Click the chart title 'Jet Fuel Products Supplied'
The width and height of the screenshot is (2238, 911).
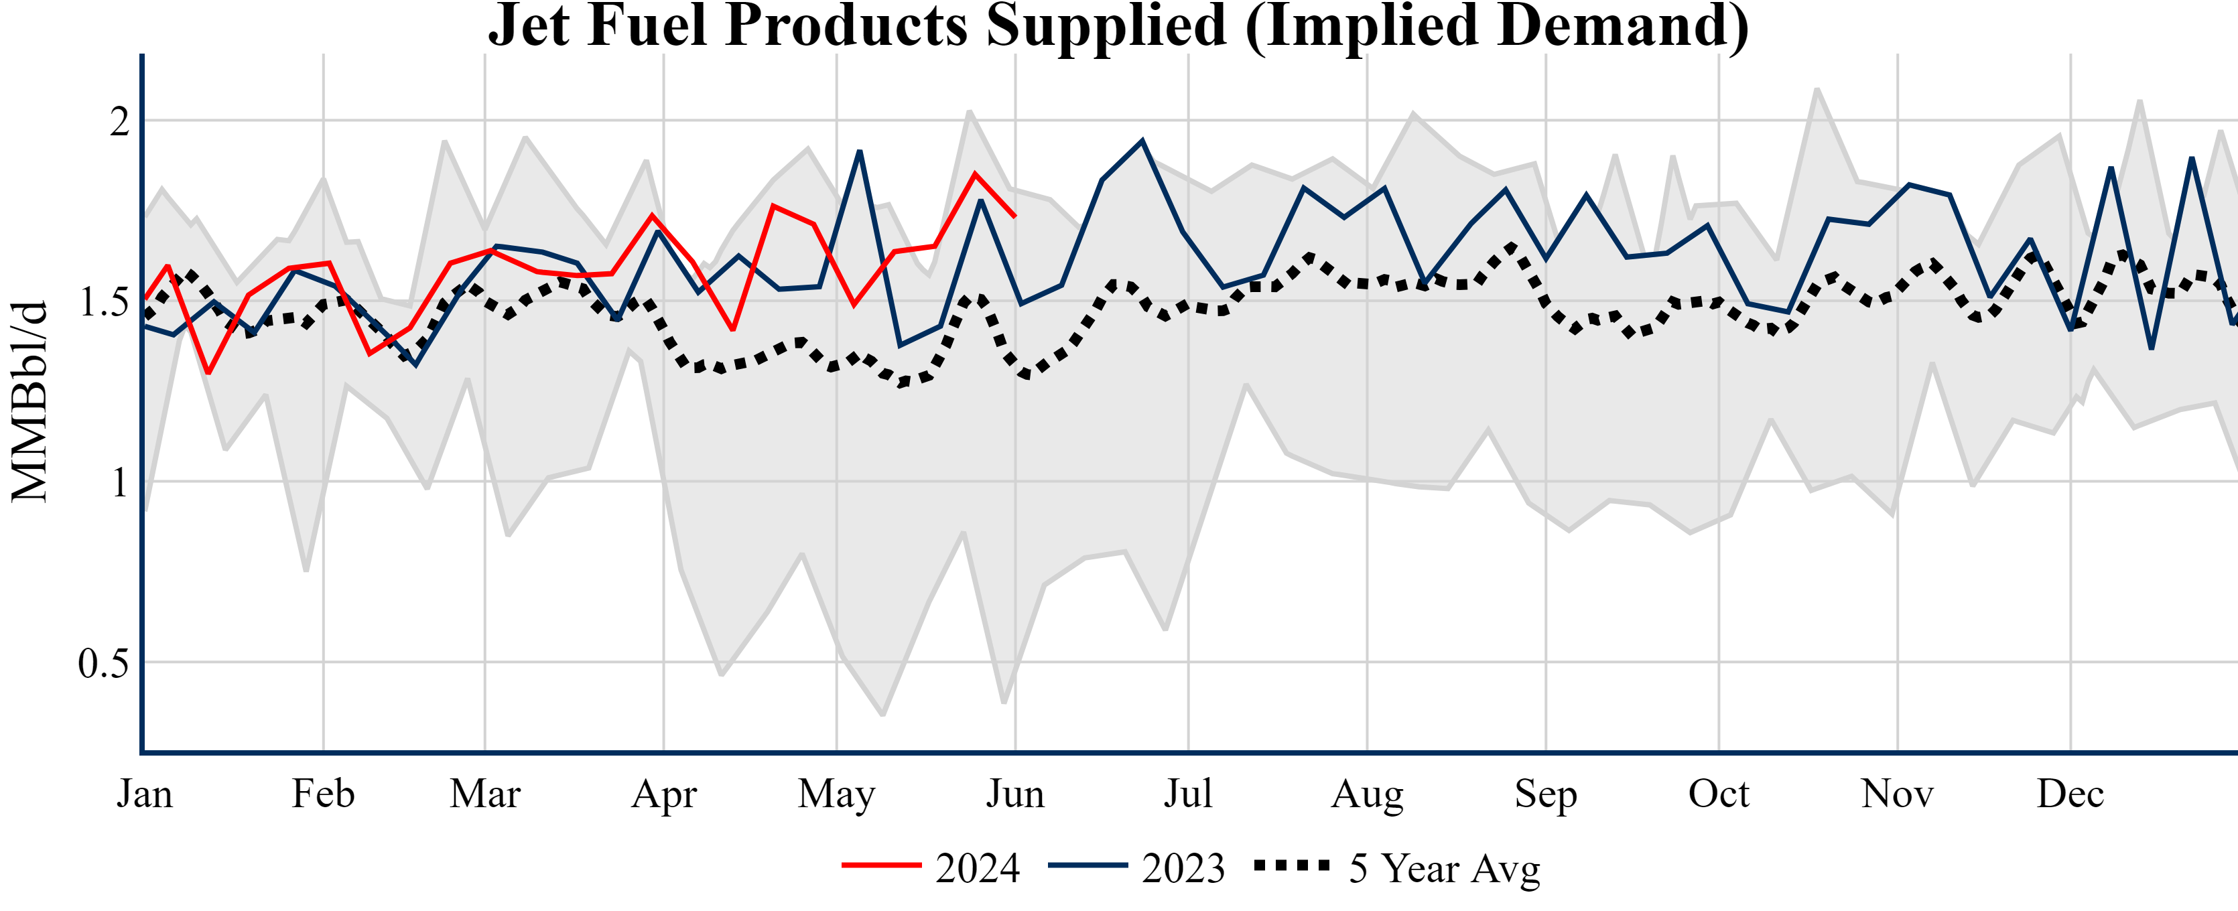1118,26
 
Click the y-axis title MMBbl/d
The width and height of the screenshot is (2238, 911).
29,401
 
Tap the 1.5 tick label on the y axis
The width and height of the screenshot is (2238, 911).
103,302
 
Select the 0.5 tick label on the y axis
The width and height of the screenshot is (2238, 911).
103,664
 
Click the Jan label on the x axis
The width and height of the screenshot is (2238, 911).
144,794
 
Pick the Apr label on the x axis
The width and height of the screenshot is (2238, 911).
664,794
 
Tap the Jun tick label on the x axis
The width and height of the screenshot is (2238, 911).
1014,794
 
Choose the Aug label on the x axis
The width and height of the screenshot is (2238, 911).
1367,794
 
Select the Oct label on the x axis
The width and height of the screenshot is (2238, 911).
1719,794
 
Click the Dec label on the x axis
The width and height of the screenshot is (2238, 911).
2070,794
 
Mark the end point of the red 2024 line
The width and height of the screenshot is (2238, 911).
1014,216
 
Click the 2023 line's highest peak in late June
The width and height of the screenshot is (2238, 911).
1142,141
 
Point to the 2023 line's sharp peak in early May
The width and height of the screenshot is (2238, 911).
859,152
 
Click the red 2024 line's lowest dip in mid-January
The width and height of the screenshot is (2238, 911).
208,372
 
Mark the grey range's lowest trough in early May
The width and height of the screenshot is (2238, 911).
882,715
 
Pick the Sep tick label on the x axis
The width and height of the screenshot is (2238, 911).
1546,794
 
